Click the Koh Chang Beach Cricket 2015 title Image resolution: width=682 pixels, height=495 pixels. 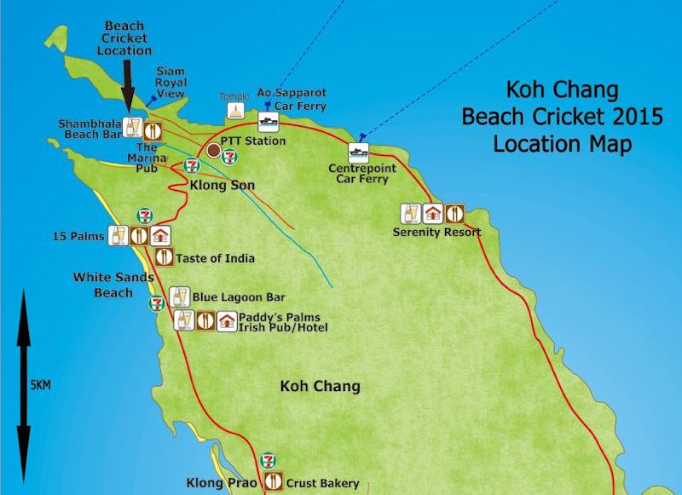562,117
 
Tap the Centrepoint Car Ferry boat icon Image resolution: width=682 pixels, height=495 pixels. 358,153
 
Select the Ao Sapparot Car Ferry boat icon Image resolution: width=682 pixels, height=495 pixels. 269,121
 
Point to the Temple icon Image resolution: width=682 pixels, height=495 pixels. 235,111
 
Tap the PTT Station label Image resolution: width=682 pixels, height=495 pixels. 252,140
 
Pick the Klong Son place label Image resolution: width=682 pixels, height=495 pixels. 223,184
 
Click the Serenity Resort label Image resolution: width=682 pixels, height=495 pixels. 436,232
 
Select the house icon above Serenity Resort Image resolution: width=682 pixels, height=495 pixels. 432,213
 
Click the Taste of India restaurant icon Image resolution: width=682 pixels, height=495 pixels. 162,257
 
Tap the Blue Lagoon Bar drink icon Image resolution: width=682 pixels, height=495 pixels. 179,296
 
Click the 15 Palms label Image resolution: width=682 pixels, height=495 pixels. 78,236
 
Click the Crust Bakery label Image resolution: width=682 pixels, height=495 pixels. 322,483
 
